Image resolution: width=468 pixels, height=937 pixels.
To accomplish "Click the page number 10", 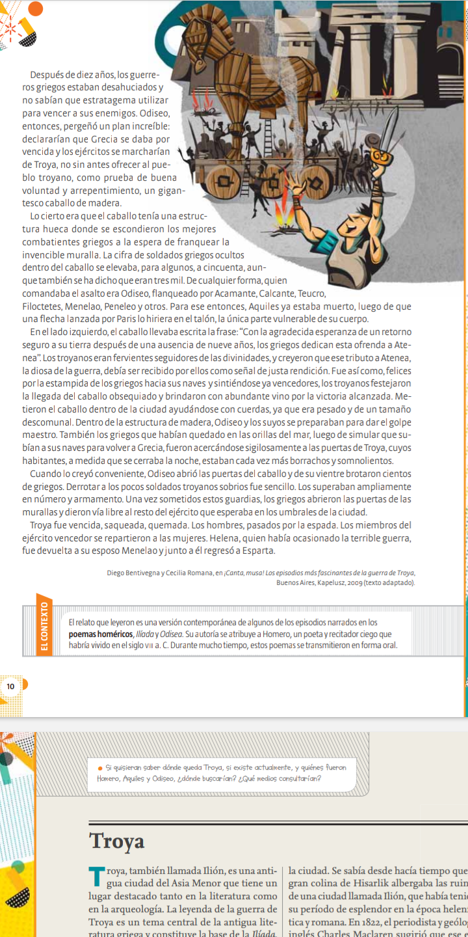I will click(11, 686).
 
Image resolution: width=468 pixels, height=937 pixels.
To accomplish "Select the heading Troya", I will click(117, 841).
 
